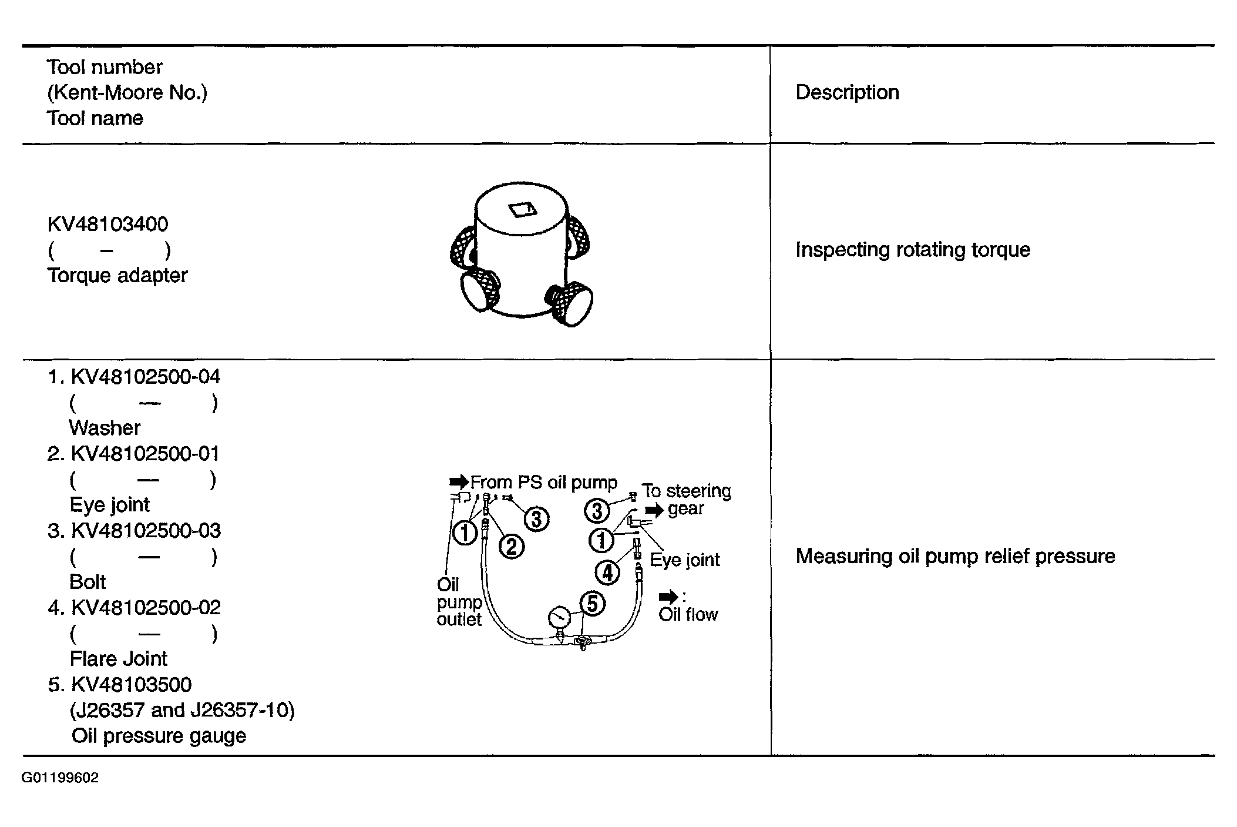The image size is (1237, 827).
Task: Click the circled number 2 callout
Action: coord(511,547)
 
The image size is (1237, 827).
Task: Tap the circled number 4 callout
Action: coord(607,572)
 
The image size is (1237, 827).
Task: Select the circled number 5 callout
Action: coord(592,604)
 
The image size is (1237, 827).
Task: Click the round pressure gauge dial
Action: coord(559,618)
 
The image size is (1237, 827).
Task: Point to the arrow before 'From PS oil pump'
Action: coord(459,482)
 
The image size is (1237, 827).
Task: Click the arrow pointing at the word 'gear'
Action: coord(654,509)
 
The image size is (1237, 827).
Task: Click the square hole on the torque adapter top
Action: coord(520,209)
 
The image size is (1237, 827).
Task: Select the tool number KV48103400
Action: coord(107,224)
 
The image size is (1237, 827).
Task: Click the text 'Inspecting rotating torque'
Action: coord(913,250)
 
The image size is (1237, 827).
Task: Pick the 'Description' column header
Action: coord(847,92)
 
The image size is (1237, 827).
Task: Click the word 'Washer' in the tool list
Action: coord(105,428)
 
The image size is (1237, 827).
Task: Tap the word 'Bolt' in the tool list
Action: coord(88,582)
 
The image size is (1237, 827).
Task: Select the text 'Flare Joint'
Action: coord(119,659)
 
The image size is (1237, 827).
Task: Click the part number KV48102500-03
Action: coord(146,531)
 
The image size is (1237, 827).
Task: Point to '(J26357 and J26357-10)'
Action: coord(182,710)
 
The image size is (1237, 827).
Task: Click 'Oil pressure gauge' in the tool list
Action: coord(159,736)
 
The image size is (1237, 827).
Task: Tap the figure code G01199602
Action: coord(60,778)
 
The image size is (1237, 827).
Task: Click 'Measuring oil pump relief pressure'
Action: coord(955,556)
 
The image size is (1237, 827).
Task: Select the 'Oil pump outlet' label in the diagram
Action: coord(459,602)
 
